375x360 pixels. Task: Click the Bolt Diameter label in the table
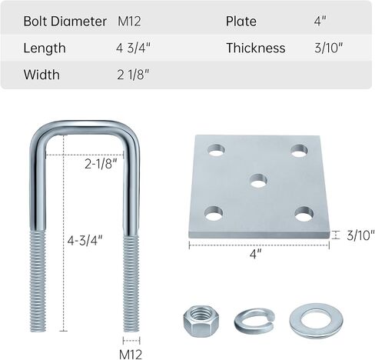click(x=65, y=21)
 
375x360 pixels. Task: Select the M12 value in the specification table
click(x=129, y=21)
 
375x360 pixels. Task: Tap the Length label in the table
click(x=45, y=48)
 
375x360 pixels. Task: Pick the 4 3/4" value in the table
click(x=133, y=48)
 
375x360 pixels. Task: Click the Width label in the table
click(x=41, y=75)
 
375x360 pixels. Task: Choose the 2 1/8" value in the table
click(x=133, y=75)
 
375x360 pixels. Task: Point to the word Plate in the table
click(x=241, y=21)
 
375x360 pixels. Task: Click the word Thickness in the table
click(x=256, y=48)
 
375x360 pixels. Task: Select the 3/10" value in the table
click(x=329, y=48)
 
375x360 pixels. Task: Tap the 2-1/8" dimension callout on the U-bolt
click(x=101, y=164)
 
